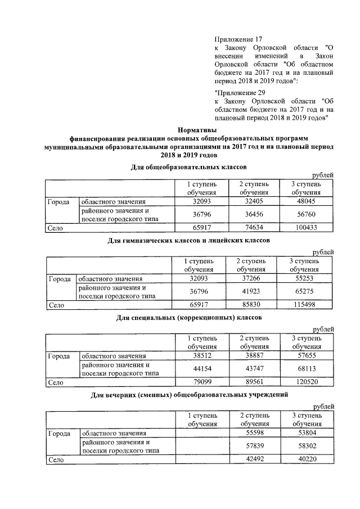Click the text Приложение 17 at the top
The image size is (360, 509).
(238, 39)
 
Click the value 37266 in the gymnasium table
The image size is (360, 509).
(250, 278)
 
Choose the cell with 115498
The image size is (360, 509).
(304, 304)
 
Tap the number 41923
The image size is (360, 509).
(250, 291)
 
